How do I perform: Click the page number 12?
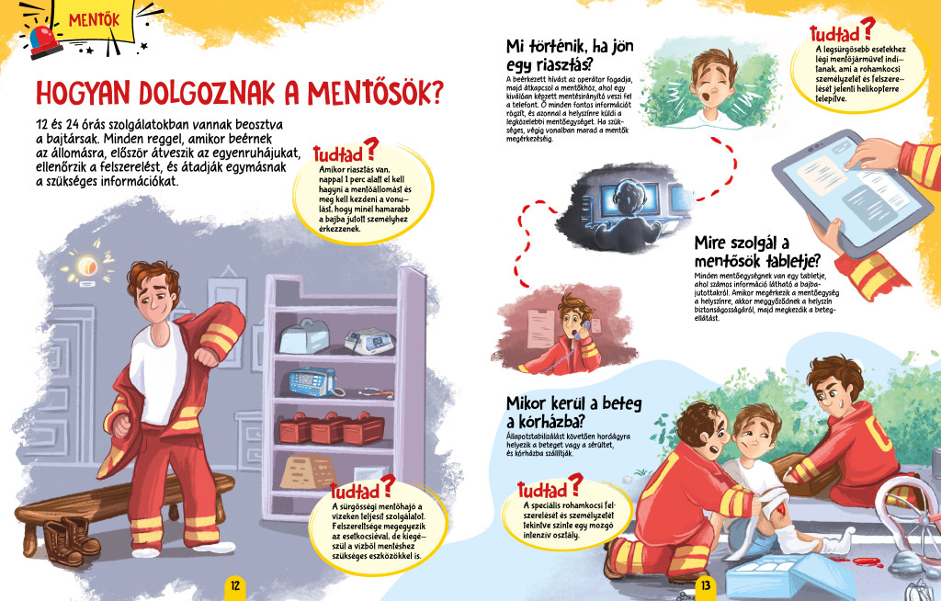234,585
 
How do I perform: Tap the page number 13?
705,585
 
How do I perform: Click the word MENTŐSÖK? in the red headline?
376,93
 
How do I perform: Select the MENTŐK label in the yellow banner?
95,20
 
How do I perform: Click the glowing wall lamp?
87,264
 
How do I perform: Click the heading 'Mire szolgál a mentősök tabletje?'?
757,252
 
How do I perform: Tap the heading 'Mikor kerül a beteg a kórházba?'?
573,412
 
